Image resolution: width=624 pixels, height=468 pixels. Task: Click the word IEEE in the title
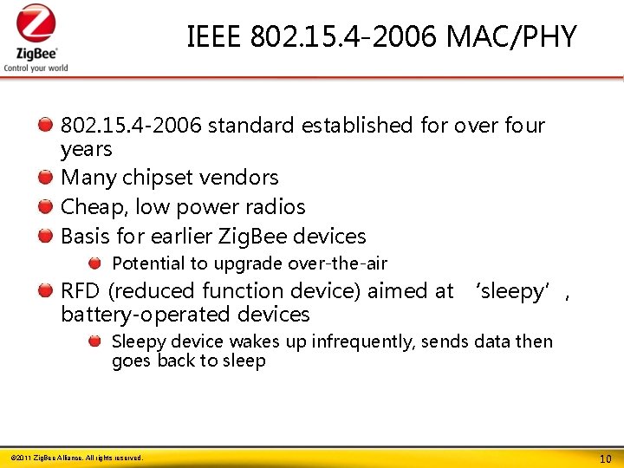tap(214, 37)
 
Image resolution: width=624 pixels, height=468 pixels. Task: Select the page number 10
tap(605, 458)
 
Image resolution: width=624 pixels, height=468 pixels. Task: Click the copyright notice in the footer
tap(76, 458)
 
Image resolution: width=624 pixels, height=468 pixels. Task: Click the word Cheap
tap(89, 207)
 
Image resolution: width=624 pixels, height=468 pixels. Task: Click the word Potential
tap(148, 263)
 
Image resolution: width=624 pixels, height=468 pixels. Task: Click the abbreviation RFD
tap(81, 291)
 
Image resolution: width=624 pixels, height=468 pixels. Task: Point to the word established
tap(358, 126)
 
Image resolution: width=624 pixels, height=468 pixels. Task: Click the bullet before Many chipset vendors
tap(46, 178)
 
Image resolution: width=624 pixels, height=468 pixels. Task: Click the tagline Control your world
tap(36, 68)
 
